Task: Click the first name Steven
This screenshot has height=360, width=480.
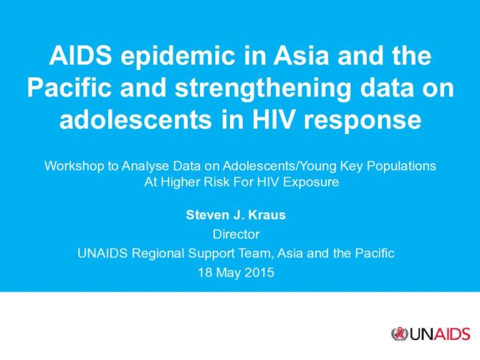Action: pos(206,214)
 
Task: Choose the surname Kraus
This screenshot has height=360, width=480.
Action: pos(267,214)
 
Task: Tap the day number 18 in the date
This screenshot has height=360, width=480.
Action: pos(203,272)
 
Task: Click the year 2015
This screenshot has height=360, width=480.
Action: pos(261,272)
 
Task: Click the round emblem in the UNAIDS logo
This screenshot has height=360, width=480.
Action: pos(398,334)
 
